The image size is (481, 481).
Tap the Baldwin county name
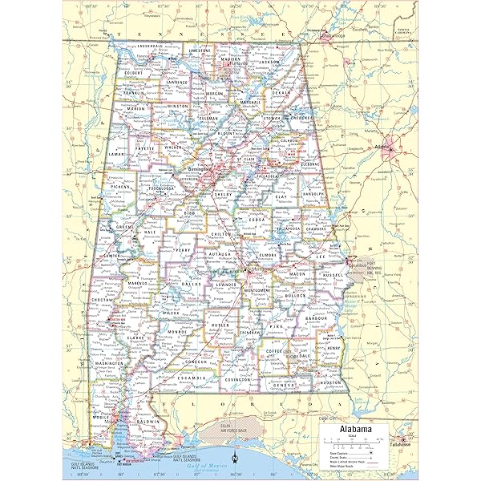tap(145, 421)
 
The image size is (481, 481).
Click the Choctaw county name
tap(104, 300)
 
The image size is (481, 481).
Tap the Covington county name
tap(239, 379)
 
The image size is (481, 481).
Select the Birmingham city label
tap(197, 170)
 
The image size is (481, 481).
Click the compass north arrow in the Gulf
tap(234, 459)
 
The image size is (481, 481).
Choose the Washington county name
tap(109, 363)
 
